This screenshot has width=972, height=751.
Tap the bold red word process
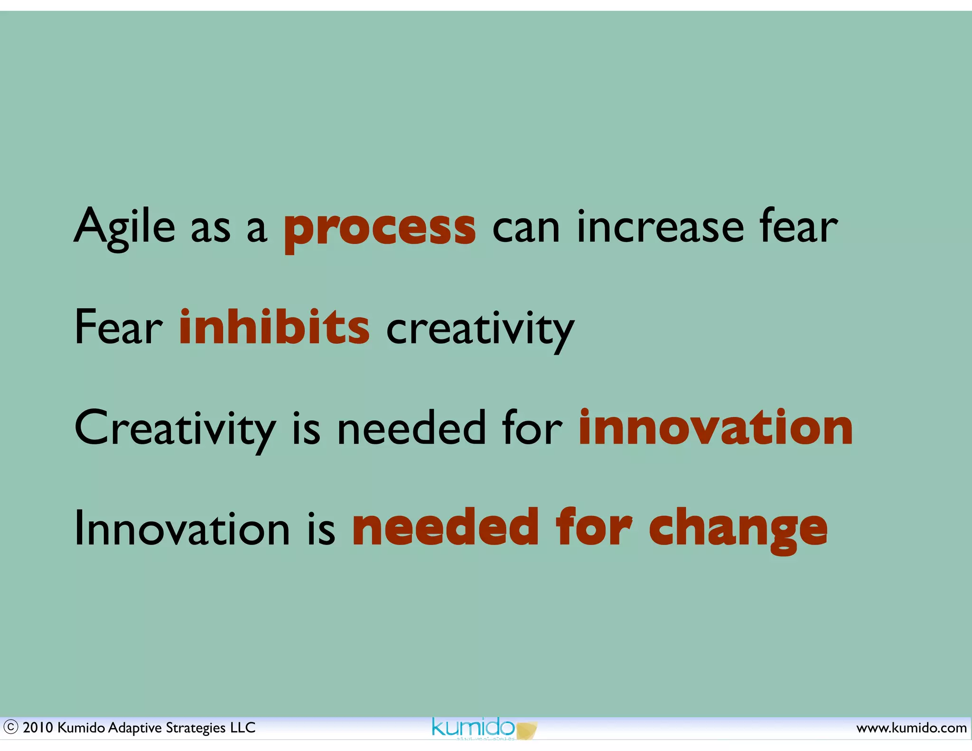380,229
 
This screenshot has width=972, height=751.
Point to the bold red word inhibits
274,328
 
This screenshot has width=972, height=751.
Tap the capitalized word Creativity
175,429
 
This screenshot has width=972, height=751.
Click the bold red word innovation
716,428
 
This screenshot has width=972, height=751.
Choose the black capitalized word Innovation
182,529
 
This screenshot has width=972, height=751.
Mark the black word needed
411,429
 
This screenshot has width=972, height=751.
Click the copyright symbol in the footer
10,727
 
